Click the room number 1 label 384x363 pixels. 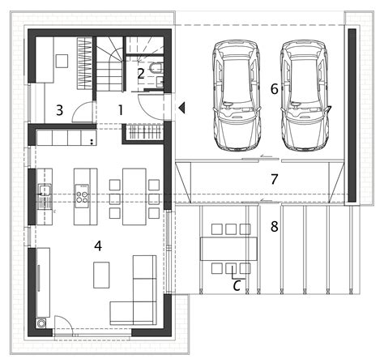tap(121, 110)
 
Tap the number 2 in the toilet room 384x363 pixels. tap(140, 74)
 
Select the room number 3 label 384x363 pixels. tap(60, 110)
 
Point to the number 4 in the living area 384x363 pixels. tap(98, 246)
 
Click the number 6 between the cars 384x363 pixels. tap(275, 89)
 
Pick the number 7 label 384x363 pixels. tap(275, 179)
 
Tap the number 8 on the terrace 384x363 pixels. tap(275, 226)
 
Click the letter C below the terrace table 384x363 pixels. tap(237, 286)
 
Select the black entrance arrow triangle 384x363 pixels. tap(181, 108)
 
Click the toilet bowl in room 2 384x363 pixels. tap(156, 68)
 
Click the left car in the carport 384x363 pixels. tap(237, 96)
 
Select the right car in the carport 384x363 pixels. tap(305, 96)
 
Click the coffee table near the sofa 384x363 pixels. tap(101, 275)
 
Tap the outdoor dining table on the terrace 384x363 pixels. tap(228, 249)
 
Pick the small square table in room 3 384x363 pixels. tap(62, 61)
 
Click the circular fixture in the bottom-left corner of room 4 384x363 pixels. tap(41, 323)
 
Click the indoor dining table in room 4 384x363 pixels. tap(134, 197)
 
